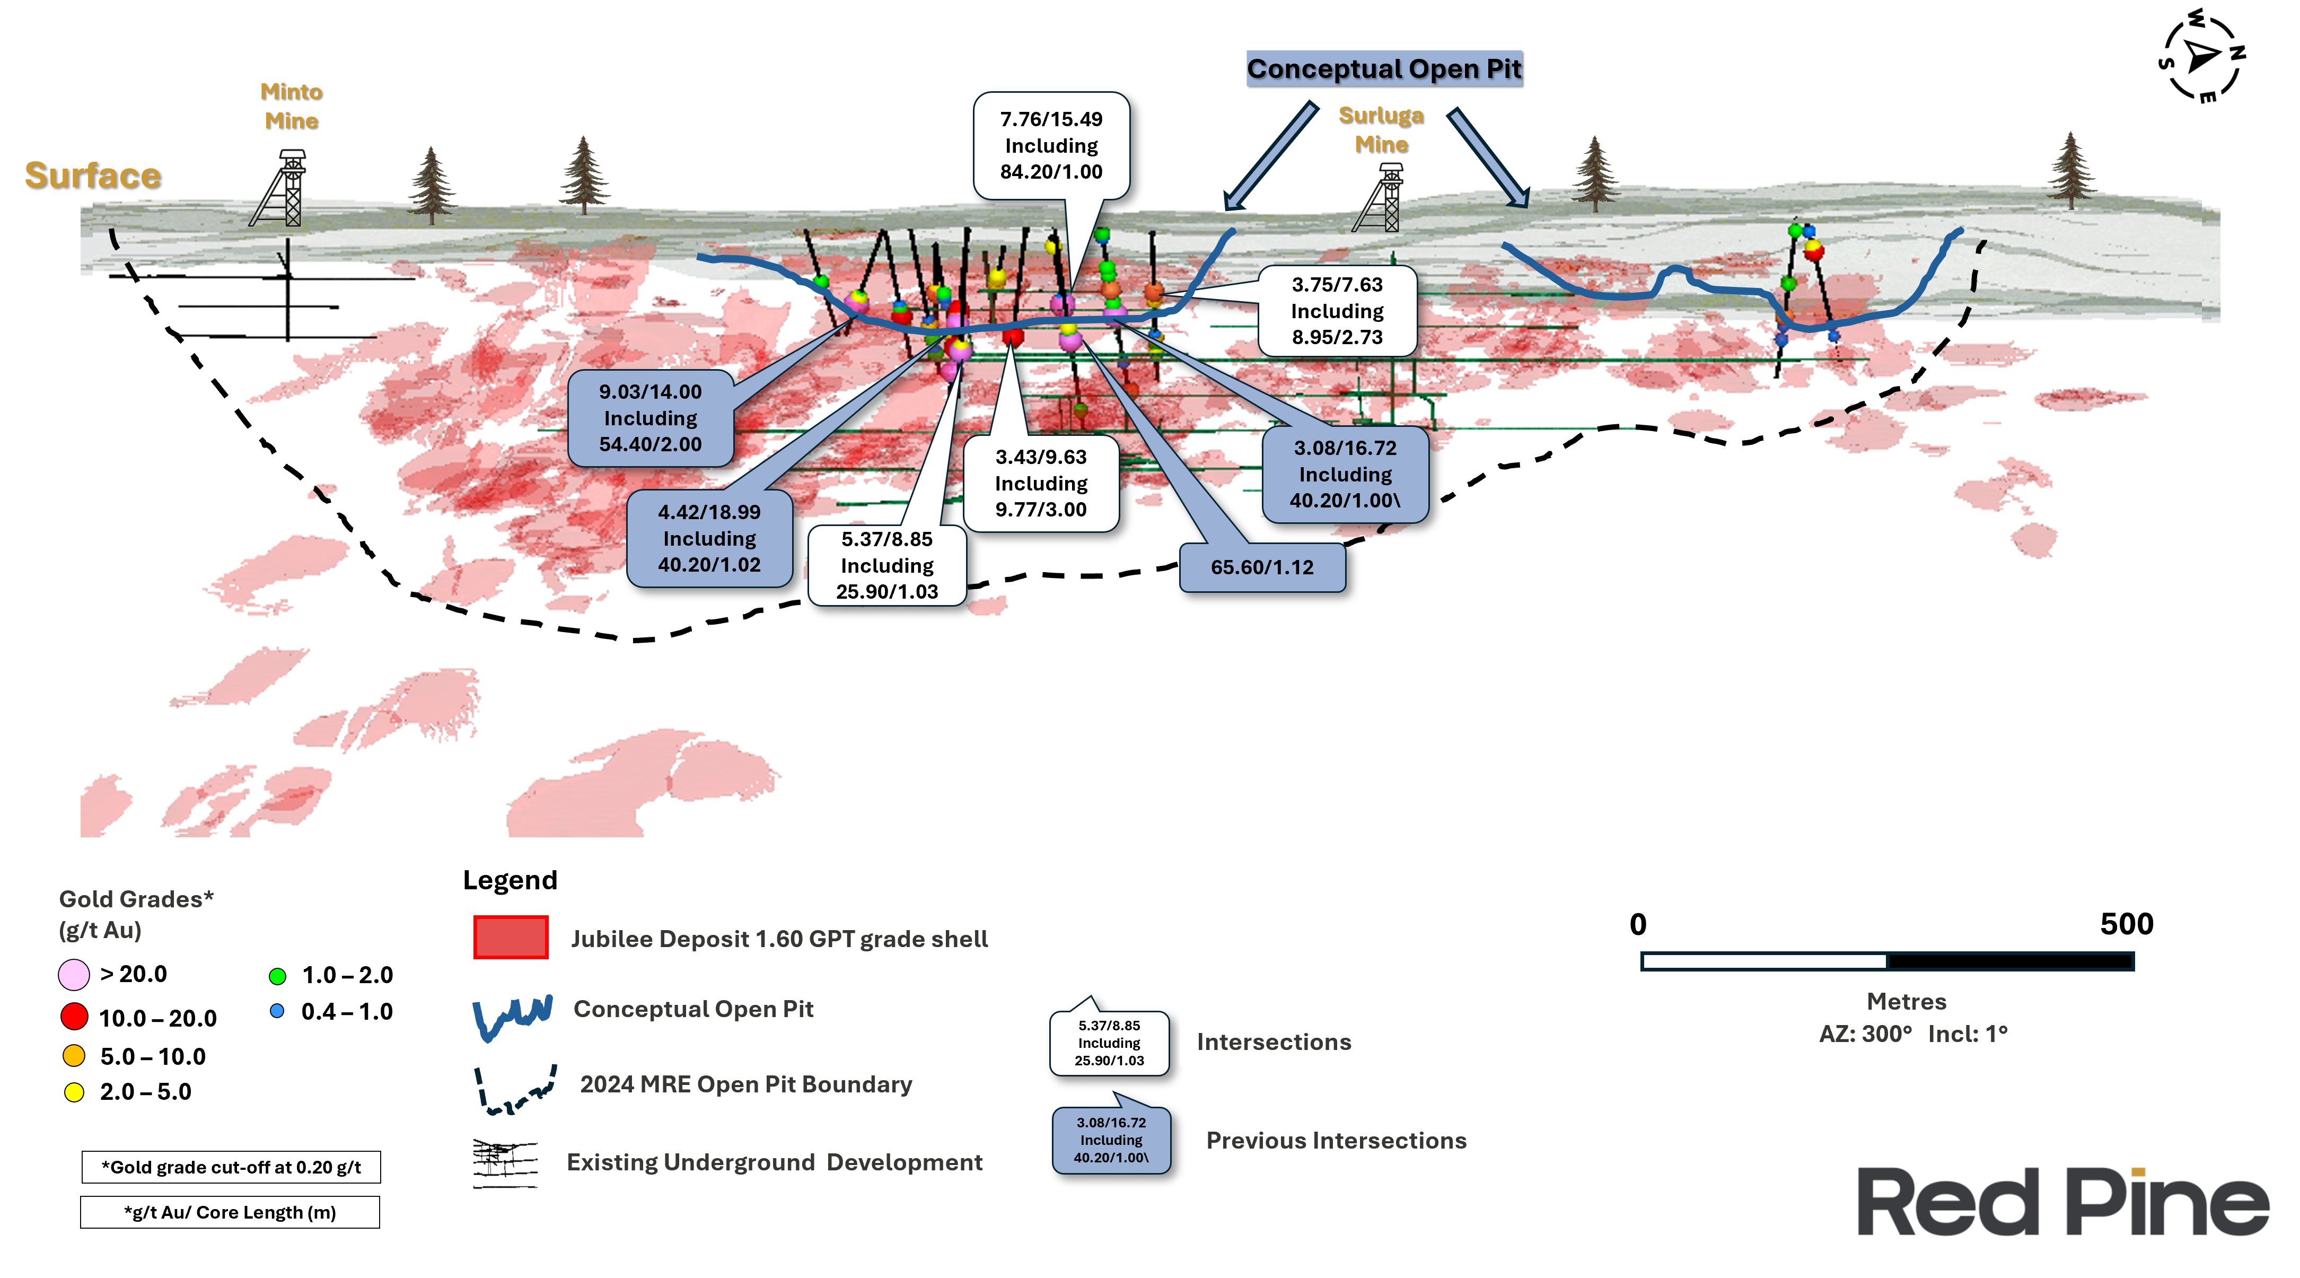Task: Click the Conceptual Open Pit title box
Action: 1383,69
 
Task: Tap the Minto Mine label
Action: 291,106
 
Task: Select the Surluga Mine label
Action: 1380,129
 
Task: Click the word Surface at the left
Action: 93,176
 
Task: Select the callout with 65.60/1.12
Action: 1262,567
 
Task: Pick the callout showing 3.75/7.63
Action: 1337,311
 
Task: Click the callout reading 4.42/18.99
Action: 709,539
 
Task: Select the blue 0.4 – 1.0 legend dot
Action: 277,1011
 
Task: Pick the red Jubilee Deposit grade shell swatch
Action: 511,938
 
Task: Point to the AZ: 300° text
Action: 1865,1034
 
